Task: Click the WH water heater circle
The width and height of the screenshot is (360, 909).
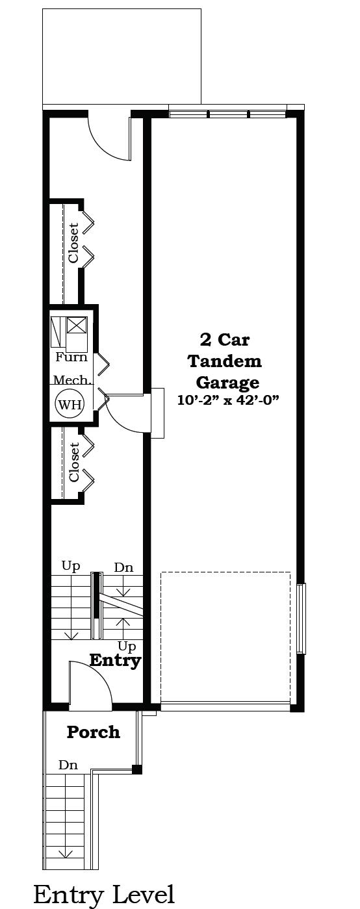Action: pyautogui.click(x=70, y=404)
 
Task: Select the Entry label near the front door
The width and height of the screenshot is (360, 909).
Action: pyautogui.click(x=115, y=661)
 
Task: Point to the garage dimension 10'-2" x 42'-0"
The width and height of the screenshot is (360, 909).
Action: pyautogui.click(x=229, y=400)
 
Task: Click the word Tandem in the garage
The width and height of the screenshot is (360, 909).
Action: pyautogui.click(x=225, y=361)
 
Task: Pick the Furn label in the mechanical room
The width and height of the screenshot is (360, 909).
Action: pyautogui.click(x=71, y=357)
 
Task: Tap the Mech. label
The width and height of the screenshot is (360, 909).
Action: pyautogui.click(x=72, y=380)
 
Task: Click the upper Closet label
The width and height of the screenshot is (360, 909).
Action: pyautogui.click(x=73, y=243)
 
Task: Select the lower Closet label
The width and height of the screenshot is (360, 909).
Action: pyautogui.click(x=74, y=462)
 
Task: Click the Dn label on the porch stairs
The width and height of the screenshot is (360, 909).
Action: pyautogui.click(x=68, y=765)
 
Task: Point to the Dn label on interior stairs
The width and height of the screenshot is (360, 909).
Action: pyautogui.click(x=123, y=567)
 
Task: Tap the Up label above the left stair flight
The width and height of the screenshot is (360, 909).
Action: pyautogui.click(x=71, y=566)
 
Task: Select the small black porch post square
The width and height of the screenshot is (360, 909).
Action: pyautogui.click(x=137, y=769)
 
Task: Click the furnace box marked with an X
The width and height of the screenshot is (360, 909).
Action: pyautogui.click(x=77, y=325)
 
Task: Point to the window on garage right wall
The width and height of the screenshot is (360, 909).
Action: pyautogui.click(x=301, y=619)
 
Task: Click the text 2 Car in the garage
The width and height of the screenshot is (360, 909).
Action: pyautogui.click(x=224, y=340)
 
